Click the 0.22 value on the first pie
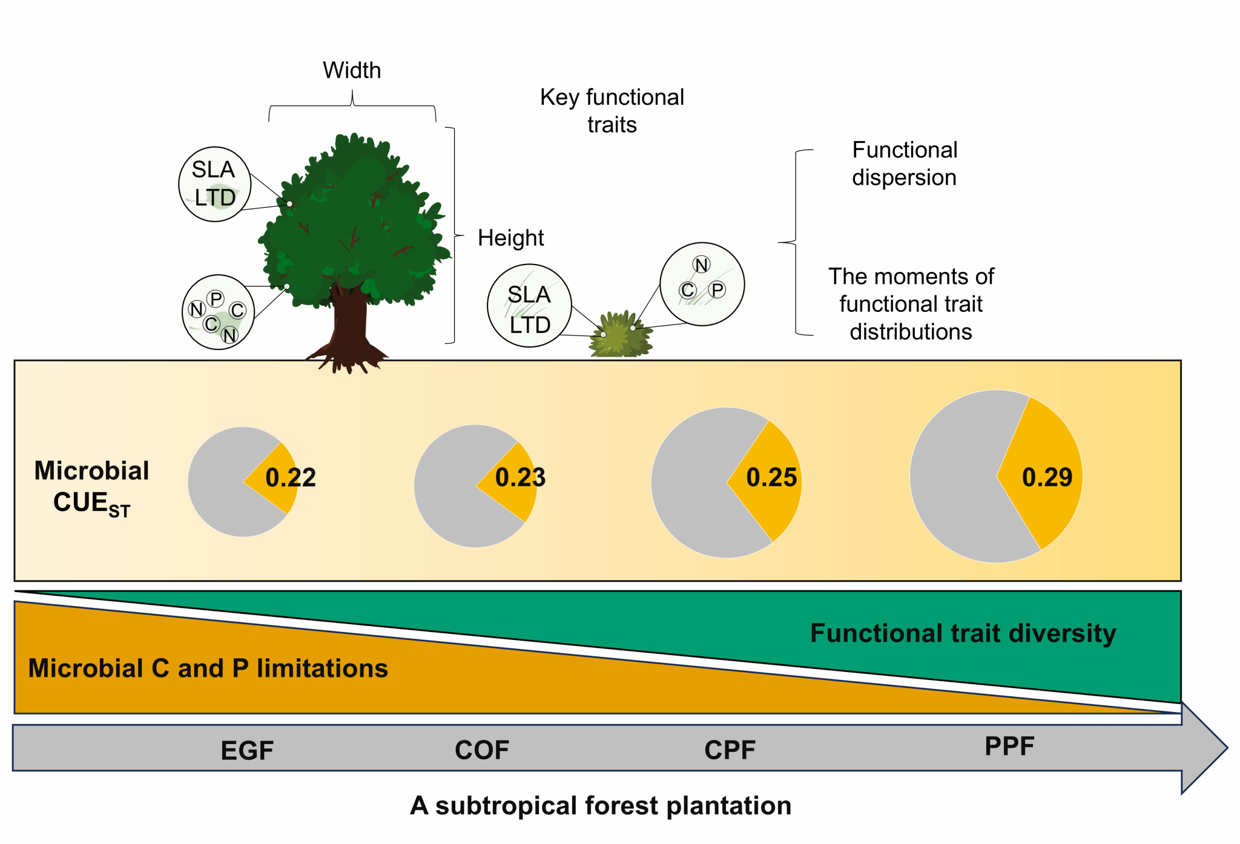tap(291, 478)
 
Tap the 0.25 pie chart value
tap(771, 478)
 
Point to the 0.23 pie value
tap(520, 478)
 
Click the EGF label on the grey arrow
tap(247, 751)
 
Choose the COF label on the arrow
tap(482, 750)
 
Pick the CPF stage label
tap(730, 750)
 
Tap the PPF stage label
tap(1009, 746)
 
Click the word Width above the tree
tap(352, 70)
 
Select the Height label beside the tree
tap(510, 238)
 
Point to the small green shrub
tap(619, 336)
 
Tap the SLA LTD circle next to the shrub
tap(529, 306)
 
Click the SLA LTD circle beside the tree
tap(214, 184)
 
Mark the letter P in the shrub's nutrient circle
tap(717, 290)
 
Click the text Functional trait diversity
tap(963, 633)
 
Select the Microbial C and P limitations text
tap(208, 668)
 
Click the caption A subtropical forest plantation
tap(601, 806)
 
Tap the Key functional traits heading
tap(612, 110)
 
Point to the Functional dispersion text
tap(905, 163)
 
